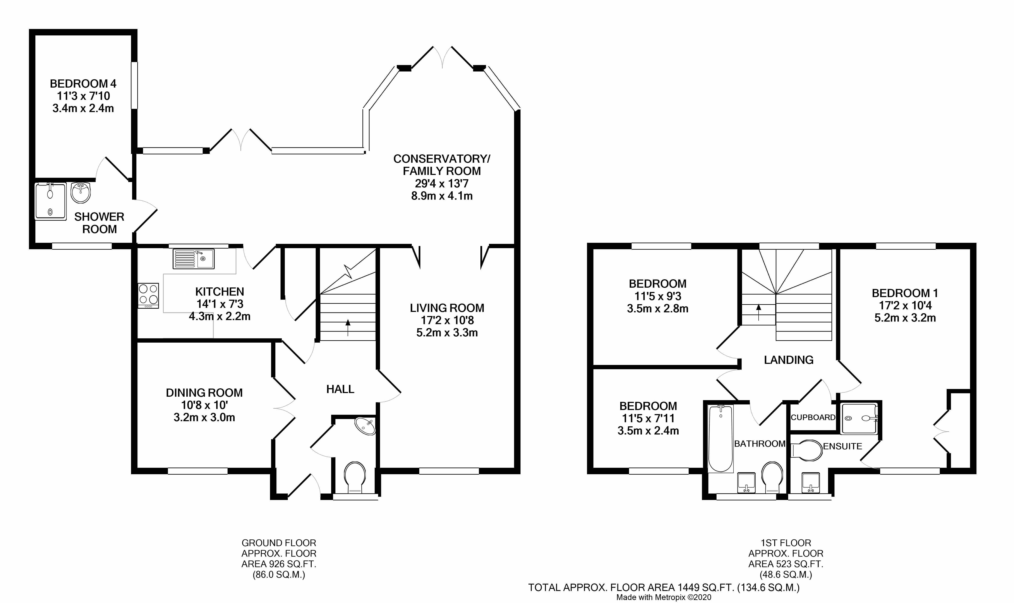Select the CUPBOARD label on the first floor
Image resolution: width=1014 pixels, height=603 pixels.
tap(813, 417)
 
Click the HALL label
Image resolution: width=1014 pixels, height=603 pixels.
tap(340, 389)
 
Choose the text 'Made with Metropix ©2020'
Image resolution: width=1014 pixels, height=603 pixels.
tap(664, 597)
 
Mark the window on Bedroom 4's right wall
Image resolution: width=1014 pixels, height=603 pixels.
tap(134, 85)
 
